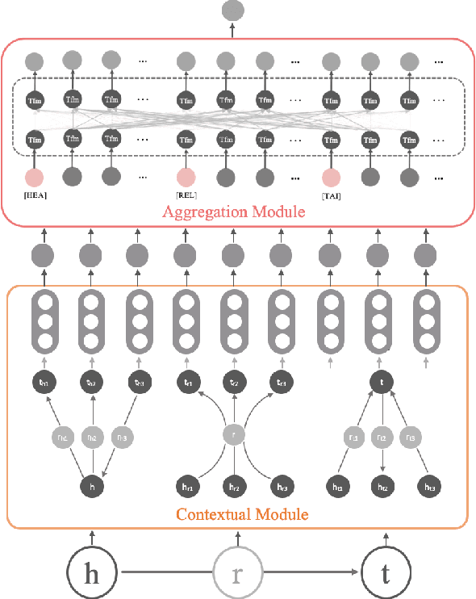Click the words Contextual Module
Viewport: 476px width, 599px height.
pyautogui.click(x=242, y=513)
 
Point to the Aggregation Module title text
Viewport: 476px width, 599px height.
pyautogui.click(x=232, y=213)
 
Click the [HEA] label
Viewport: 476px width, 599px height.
pyautogui.click(x=35, y=195)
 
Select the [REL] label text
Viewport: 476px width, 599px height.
pyautogui.click(x=187, y=195)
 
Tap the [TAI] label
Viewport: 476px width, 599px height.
pyautogui.click(x=331, y=195)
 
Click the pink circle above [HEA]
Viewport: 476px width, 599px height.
pyautogui.click(x=35, y=177)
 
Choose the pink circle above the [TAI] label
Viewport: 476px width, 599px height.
pyautogui.click(x=330, y=177)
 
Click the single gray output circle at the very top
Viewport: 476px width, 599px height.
pyautogui.click(x=232, y=10)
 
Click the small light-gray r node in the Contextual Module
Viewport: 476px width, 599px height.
pyautogui.click(x=233, y=436)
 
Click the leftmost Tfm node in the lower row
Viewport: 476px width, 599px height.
pyautogui.click(x=35, y=138)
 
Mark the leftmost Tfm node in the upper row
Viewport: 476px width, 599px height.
pyautogui.click(x=35, y=100)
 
